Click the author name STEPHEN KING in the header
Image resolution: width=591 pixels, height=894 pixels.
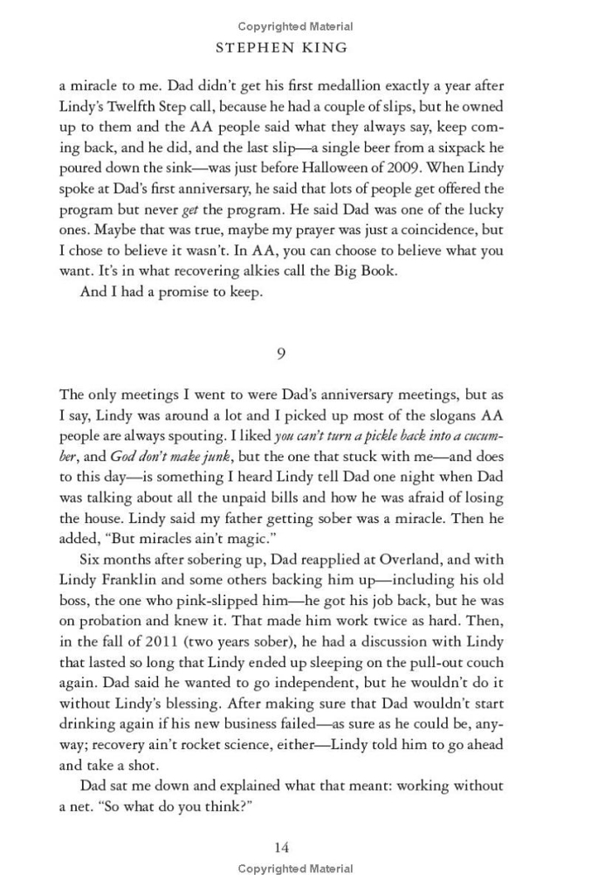[x=295, y=48]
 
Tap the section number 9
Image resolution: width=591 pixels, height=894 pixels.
[x=281, y=354]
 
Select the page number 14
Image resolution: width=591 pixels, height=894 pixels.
[x=281, y=847]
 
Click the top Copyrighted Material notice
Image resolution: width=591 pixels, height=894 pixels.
[x=295, y=27]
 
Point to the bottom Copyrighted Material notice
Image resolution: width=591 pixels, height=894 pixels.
[x=295, y=869]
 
